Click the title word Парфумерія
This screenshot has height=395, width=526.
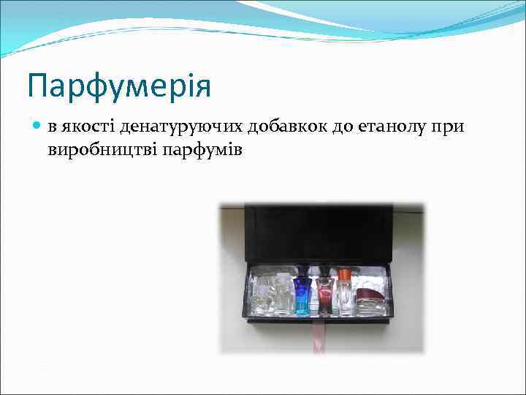(118, 87)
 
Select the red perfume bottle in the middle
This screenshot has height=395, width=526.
(324, 296)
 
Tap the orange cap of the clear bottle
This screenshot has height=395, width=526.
(344, 276)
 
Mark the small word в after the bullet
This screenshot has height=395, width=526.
(53, 128)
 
